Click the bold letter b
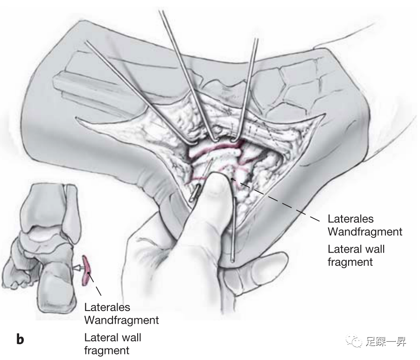(20, 339)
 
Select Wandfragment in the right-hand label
(364, 231)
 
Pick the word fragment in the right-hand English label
(350, 262)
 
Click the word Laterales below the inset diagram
(107, 308)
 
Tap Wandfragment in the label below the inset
(121, 320)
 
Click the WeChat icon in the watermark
(357, 343)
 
